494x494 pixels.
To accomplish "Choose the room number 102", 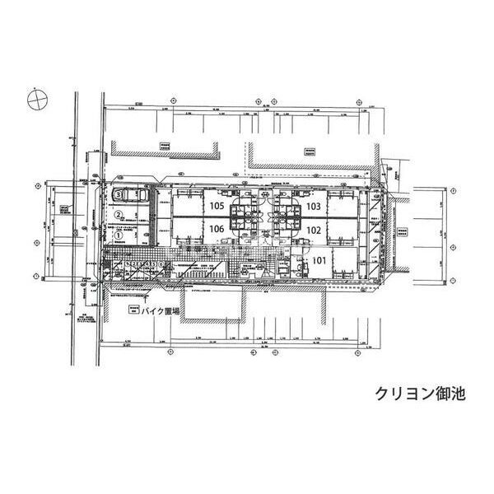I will tap(313, 231).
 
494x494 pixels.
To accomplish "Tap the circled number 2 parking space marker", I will tap(119, 216).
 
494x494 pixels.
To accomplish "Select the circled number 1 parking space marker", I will tap(119, 235).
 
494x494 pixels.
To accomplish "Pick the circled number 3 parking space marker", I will tap(119, 194).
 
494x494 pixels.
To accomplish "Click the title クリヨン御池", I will tap(420, 393).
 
